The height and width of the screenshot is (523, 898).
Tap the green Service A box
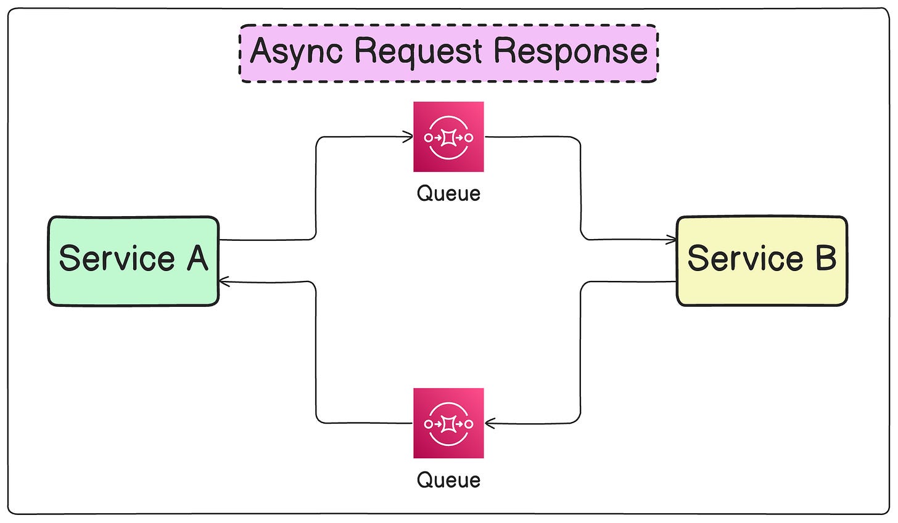(133, 261)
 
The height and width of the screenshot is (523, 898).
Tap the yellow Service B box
(762, 261)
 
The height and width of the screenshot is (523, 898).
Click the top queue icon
(448, 137)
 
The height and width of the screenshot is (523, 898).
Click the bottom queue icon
(448, 423)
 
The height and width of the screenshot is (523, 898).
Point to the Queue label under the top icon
(448, 194)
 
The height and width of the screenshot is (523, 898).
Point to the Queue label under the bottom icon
(448, 480)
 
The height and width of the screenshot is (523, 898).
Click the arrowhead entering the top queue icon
(408, 137)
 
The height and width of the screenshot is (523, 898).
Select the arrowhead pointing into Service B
(671, 240)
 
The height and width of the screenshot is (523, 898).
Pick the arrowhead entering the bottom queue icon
(490, 423)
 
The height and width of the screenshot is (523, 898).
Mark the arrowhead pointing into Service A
(224, 282)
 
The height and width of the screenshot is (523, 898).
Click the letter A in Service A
(197, 258)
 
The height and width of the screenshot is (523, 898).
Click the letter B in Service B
(826, 257)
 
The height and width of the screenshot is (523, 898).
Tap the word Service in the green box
(117, 258)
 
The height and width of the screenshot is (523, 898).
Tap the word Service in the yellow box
(745, 258)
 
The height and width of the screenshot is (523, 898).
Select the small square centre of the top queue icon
(448, 138)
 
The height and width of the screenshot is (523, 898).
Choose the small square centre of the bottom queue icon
(448, 424)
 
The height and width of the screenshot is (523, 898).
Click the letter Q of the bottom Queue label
(424, 480)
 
